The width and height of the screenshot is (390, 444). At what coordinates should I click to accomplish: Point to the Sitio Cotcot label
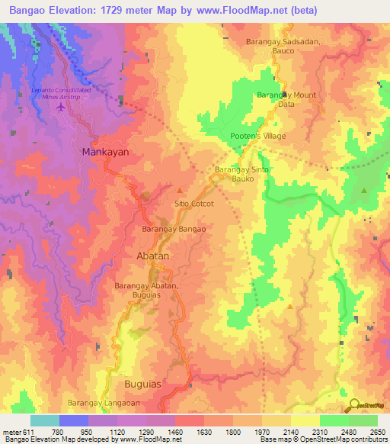pyautogui.click(x=194, y=204)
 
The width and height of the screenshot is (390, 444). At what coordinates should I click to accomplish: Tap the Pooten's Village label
pyautogui.click(x=258, y=137)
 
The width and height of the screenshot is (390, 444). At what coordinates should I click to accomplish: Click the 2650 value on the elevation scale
pyautogui.click(x=378, y=433)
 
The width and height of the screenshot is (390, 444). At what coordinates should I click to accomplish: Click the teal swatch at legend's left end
pyautogui.click(x=44, y=420)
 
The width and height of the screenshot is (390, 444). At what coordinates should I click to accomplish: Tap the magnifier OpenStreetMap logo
pyautogui.click(x=353, y=405)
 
